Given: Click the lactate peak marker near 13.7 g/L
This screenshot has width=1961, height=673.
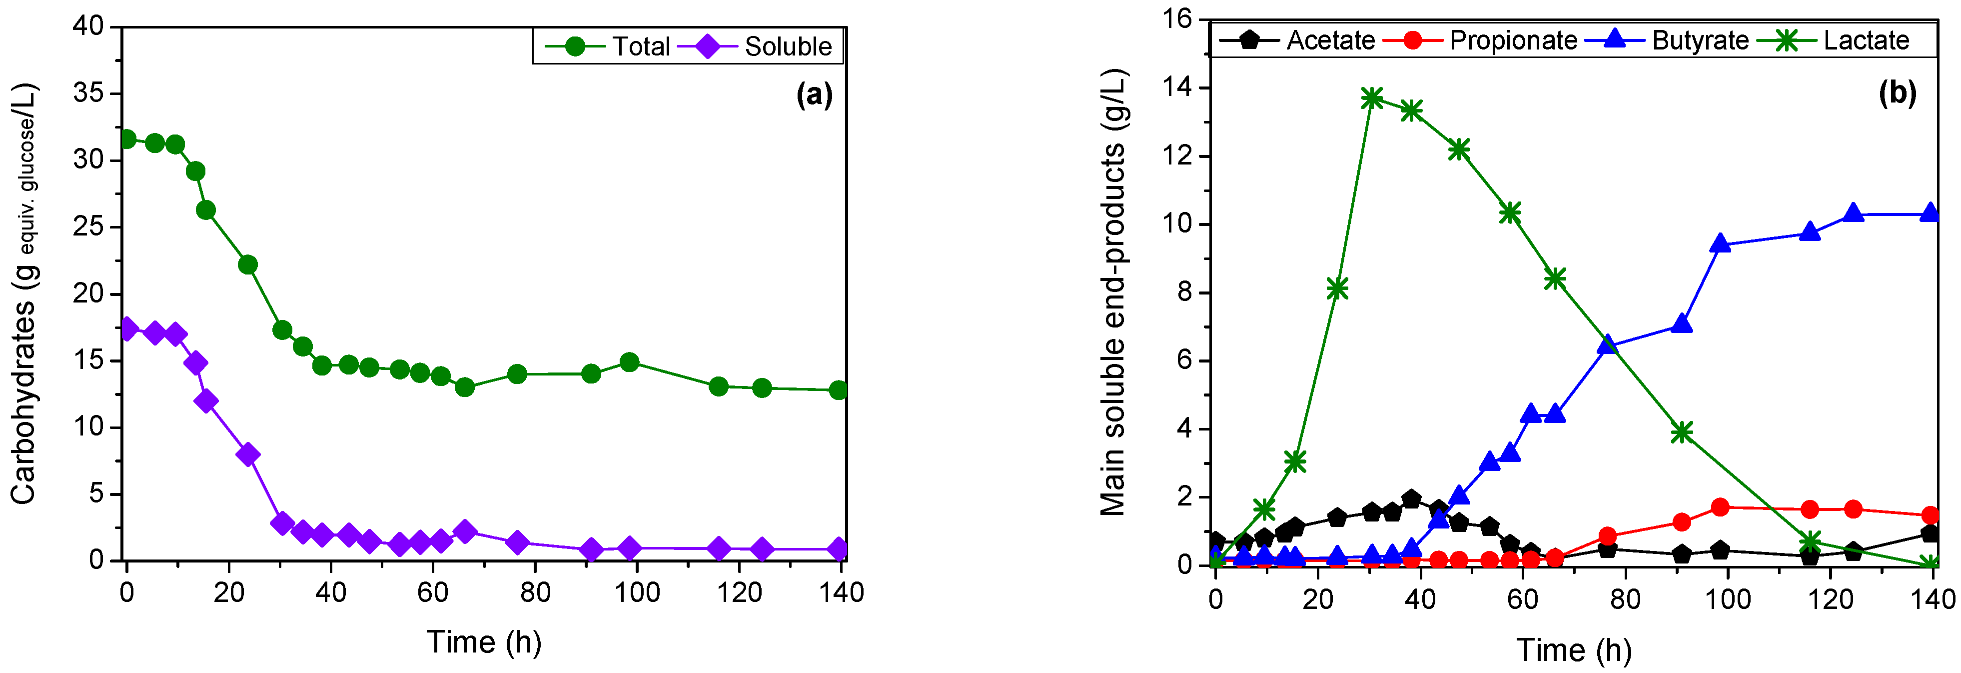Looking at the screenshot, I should click(1372, 98).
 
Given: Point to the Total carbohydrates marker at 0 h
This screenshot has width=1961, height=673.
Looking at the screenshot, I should click(127, 139).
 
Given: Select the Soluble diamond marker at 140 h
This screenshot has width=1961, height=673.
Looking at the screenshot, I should click(838, 549).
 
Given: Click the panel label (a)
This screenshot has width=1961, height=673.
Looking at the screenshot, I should click(814, 95).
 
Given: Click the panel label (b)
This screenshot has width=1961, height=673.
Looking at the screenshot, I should click(1897, 93).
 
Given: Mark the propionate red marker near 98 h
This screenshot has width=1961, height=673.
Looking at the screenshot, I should click(1720, 507).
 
